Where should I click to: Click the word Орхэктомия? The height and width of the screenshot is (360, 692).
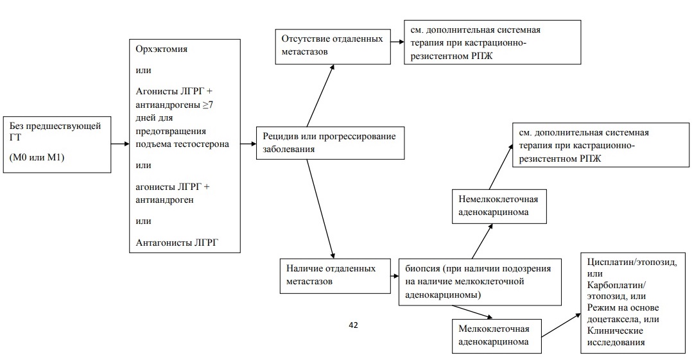point(162,49)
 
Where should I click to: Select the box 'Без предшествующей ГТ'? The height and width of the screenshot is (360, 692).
point(57,144)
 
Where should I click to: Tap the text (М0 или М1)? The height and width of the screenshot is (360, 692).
point(37,157)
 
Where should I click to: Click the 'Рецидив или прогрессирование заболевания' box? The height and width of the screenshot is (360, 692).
point(330,143)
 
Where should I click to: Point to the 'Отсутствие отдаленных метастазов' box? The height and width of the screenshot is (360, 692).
point(333,47)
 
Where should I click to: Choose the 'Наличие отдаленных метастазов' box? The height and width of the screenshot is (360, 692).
point(335,276)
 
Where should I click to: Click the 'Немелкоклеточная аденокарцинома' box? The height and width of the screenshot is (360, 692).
point(499,207)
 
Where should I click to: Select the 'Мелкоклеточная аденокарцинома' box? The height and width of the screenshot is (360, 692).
point(496,336)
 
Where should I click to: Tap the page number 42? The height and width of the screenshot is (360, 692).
point(353,325)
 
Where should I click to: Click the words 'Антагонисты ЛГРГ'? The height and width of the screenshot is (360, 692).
point(177,242)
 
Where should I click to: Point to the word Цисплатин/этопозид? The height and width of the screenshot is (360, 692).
point(632,262)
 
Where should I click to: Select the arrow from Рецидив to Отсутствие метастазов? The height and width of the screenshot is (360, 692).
point(320,96)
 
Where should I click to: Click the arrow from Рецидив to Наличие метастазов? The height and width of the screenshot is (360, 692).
point(320,209)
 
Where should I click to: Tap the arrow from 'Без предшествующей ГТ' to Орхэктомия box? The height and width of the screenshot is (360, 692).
point(120,144)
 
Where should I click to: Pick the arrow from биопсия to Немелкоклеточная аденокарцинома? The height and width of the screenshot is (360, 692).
point(482,241)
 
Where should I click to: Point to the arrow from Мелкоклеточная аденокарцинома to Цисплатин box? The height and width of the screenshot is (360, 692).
point(561,325)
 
